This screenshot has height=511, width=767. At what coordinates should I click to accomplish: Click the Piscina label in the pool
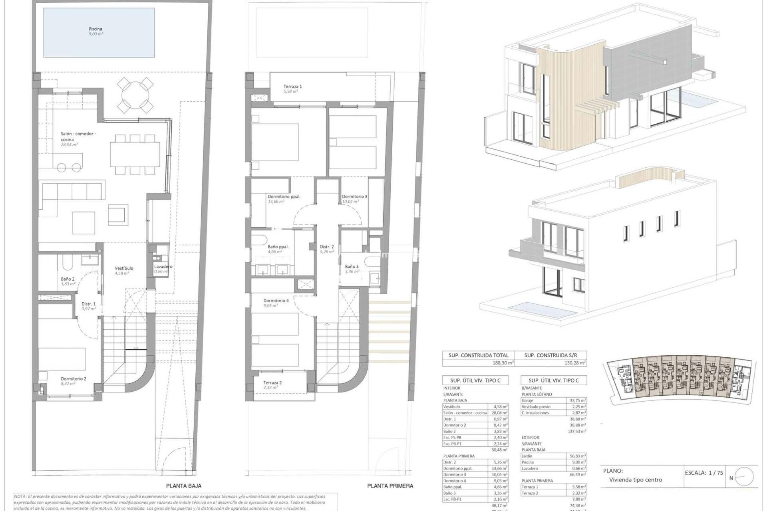pos(95,29)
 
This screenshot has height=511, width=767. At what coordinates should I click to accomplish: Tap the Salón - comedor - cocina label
pos(78,137)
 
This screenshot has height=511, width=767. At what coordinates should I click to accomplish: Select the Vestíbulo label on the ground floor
pos(124,268)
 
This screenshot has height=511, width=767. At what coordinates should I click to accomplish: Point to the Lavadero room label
pos(163,267)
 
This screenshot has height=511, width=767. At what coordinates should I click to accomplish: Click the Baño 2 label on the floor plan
pos(68,279)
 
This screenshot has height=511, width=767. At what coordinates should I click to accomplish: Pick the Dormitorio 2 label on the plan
pos(74,379)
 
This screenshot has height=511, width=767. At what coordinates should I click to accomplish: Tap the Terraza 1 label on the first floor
pos(293,87)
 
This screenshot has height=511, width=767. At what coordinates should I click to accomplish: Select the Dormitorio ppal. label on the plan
pos(284,196)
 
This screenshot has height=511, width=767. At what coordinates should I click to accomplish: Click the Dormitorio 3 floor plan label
pos(354,196)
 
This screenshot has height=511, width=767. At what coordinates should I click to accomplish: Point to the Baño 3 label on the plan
pos(352,266)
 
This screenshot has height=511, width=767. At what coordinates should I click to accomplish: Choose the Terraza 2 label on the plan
pos(272,382)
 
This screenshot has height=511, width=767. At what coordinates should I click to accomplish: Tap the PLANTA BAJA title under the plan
pos(184,486)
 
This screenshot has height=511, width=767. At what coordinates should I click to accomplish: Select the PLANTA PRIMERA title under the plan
pos(390,486)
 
